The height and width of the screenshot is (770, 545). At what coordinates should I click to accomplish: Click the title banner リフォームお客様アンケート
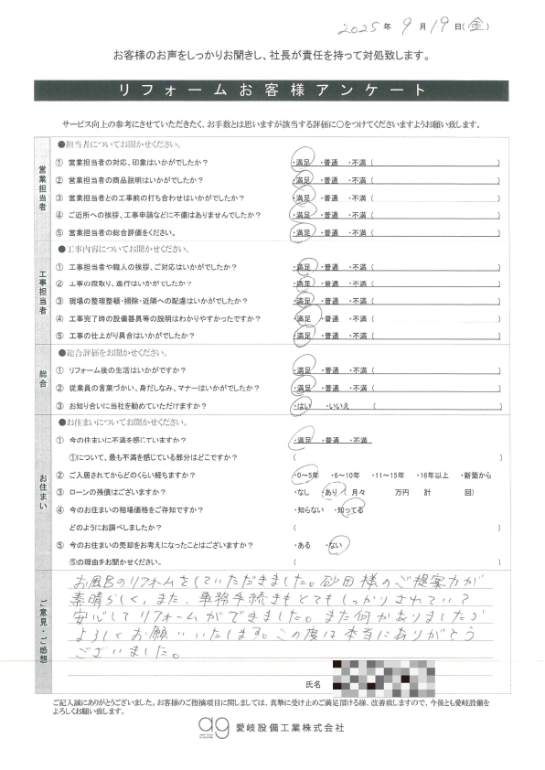(272, 90)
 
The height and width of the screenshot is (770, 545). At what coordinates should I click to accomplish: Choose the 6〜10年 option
(347, 476)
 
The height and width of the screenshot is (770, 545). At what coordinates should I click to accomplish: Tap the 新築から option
(480, 476)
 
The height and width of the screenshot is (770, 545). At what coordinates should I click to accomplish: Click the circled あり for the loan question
(333, 493)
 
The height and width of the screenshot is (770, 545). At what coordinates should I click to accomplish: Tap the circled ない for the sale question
(335, 545)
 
